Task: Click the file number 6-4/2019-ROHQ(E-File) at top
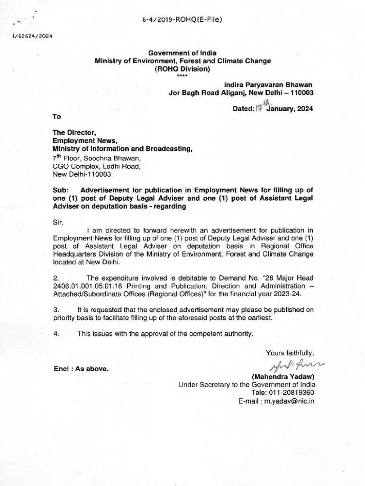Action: pyautogui.click(x=182, y=19)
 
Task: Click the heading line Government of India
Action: pyautogui.click(x=182, y=53)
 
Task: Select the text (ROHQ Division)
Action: pyautogui.click(x=182, y=69)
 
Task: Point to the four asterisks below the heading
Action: pyautogui.click(x=182, y=76)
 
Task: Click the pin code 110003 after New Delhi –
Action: pyautogui.click(x=299, y=93)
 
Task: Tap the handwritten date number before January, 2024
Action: pyautogui.click(x=259, y=109)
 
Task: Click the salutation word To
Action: pyautogui.click(x=57, y=116)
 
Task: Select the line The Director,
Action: pyautogui.click(x=74, y=133)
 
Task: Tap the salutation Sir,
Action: pyautogui.click(x=58, y=222)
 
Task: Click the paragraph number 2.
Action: pyautogui.click(x=55, y=278)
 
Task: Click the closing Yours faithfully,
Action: pyautogui.click(x=290, y=352)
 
